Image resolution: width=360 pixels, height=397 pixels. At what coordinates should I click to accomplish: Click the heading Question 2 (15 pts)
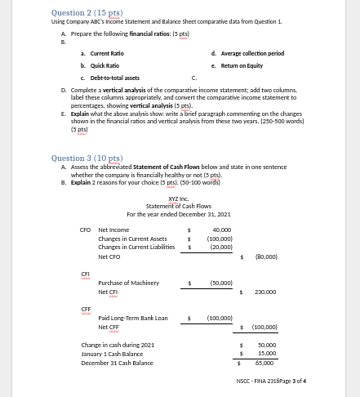(x=87, y=13)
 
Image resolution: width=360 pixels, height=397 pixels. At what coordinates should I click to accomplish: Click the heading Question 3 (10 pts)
(x=87, y=158)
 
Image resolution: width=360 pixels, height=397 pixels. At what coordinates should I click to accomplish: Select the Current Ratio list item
(x=107, y=53)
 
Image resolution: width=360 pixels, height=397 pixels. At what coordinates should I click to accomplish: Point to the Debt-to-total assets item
(x=114, y=78)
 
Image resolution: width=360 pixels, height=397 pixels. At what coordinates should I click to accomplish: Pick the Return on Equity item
(x=241, y=65)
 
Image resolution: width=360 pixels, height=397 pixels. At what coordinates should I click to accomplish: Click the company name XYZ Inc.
(x=179, y=199)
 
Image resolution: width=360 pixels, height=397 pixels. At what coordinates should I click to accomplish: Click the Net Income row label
(x=113, y=230)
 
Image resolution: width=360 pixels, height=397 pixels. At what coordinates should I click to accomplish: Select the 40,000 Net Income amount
(x=221, y=230)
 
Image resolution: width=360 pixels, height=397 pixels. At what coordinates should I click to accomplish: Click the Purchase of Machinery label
(x=128, y=283)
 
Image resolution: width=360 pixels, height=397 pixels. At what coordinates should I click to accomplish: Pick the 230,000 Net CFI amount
(x=265, y=292)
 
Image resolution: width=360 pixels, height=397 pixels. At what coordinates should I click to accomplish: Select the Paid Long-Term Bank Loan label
(x=132, y=318)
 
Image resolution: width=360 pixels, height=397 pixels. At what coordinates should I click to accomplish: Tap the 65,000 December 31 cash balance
(x=264, y=363)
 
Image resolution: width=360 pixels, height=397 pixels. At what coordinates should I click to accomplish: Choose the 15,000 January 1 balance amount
(x=266, y=354)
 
